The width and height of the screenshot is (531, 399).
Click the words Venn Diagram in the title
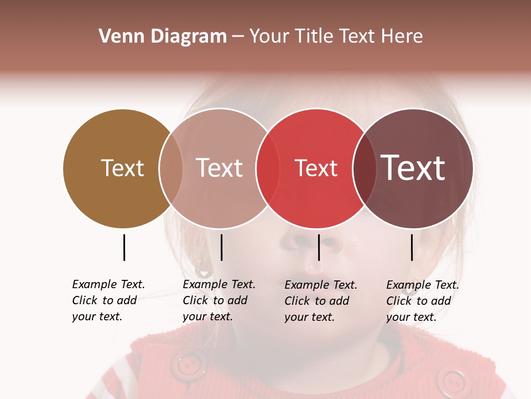click(x=163, y=37)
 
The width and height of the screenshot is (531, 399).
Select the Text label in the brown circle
click(x=122, y=168)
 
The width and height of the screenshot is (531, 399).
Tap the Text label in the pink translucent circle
click(x=220, y=168)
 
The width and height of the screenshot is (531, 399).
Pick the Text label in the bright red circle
click(x=316, y=168)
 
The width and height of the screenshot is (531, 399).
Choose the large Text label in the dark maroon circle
click(x=413, y=168)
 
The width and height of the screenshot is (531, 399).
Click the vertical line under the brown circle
click(x=124, y=247)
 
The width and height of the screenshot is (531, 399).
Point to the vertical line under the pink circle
click(x=221, y=247)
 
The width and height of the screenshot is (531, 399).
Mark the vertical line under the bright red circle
click(x=319, y=247)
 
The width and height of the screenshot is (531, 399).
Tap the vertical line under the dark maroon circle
click(x=412, y=247)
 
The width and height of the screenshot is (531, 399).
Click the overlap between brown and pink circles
click(x=171, y=168)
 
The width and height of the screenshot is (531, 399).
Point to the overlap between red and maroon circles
click(x=364, y=168)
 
